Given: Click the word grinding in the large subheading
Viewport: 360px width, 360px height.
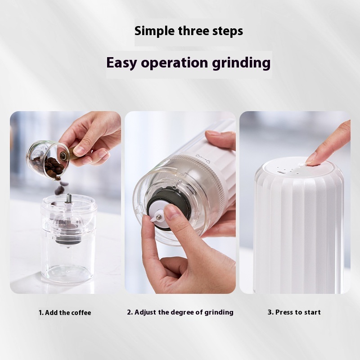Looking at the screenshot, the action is [x=241, y=63].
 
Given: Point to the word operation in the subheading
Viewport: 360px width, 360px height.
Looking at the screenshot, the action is [x=174, y=63].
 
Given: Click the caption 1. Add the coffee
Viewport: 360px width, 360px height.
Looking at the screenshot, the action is [x=65, y=313].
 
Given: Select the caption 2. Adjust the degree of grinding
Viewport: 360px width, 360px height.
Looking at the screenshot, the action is [x=180, y=312].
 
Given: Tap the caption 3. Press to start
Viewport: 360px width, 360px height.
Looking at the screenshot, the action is [x=294, y=312].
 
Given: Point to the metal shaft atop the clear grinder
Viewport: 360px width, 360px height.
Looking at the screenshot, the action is [x=68, y=198].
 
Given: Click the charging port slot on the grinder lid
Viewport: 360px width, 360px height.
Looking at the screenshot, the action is [x=280, y=172].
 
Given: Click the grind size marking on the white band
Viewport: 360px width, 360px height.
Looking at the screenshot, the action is [x=203, y=158].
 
